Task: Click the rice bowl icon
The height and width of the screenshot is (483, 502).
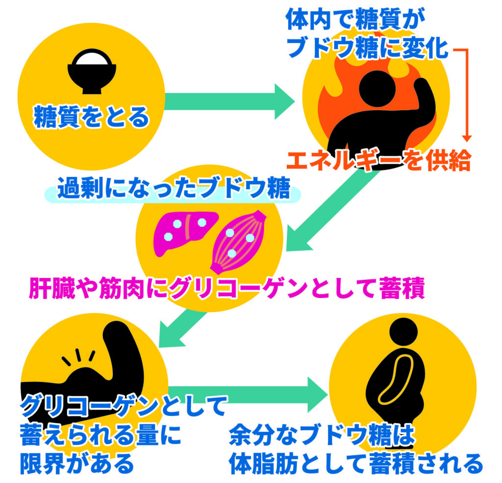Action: [x=92, y=71]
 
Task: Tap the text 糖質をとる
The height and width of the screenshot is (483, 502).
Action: [x=91, y=117]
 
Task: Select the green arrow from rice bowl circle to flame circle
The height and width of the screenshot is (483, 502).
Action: [x=229, y=102]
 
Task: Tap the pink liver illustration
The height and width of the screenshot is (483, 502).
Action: [x=185, y=231]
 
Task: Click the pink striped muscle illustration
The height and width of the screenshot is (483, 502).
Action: [x=239, y=241]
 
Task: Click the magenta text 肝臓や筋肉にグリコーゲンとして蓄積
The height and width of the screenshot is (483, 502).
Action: [x=226, y=288]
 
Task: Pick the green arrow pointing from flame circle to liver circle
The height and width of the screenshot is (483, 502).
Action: [x=331, y=211]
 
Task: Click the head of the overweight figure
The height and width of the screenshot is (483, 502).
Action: [x=403, y=332]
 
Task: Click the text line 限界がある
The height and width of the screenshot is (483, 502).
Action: [x=77, y=463]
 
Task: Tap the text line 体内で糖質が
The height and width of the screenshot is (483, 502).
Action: [x=355, y=19]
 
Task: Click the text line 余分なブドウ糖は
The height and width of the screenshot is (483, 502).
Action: [x=322, y=435]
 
